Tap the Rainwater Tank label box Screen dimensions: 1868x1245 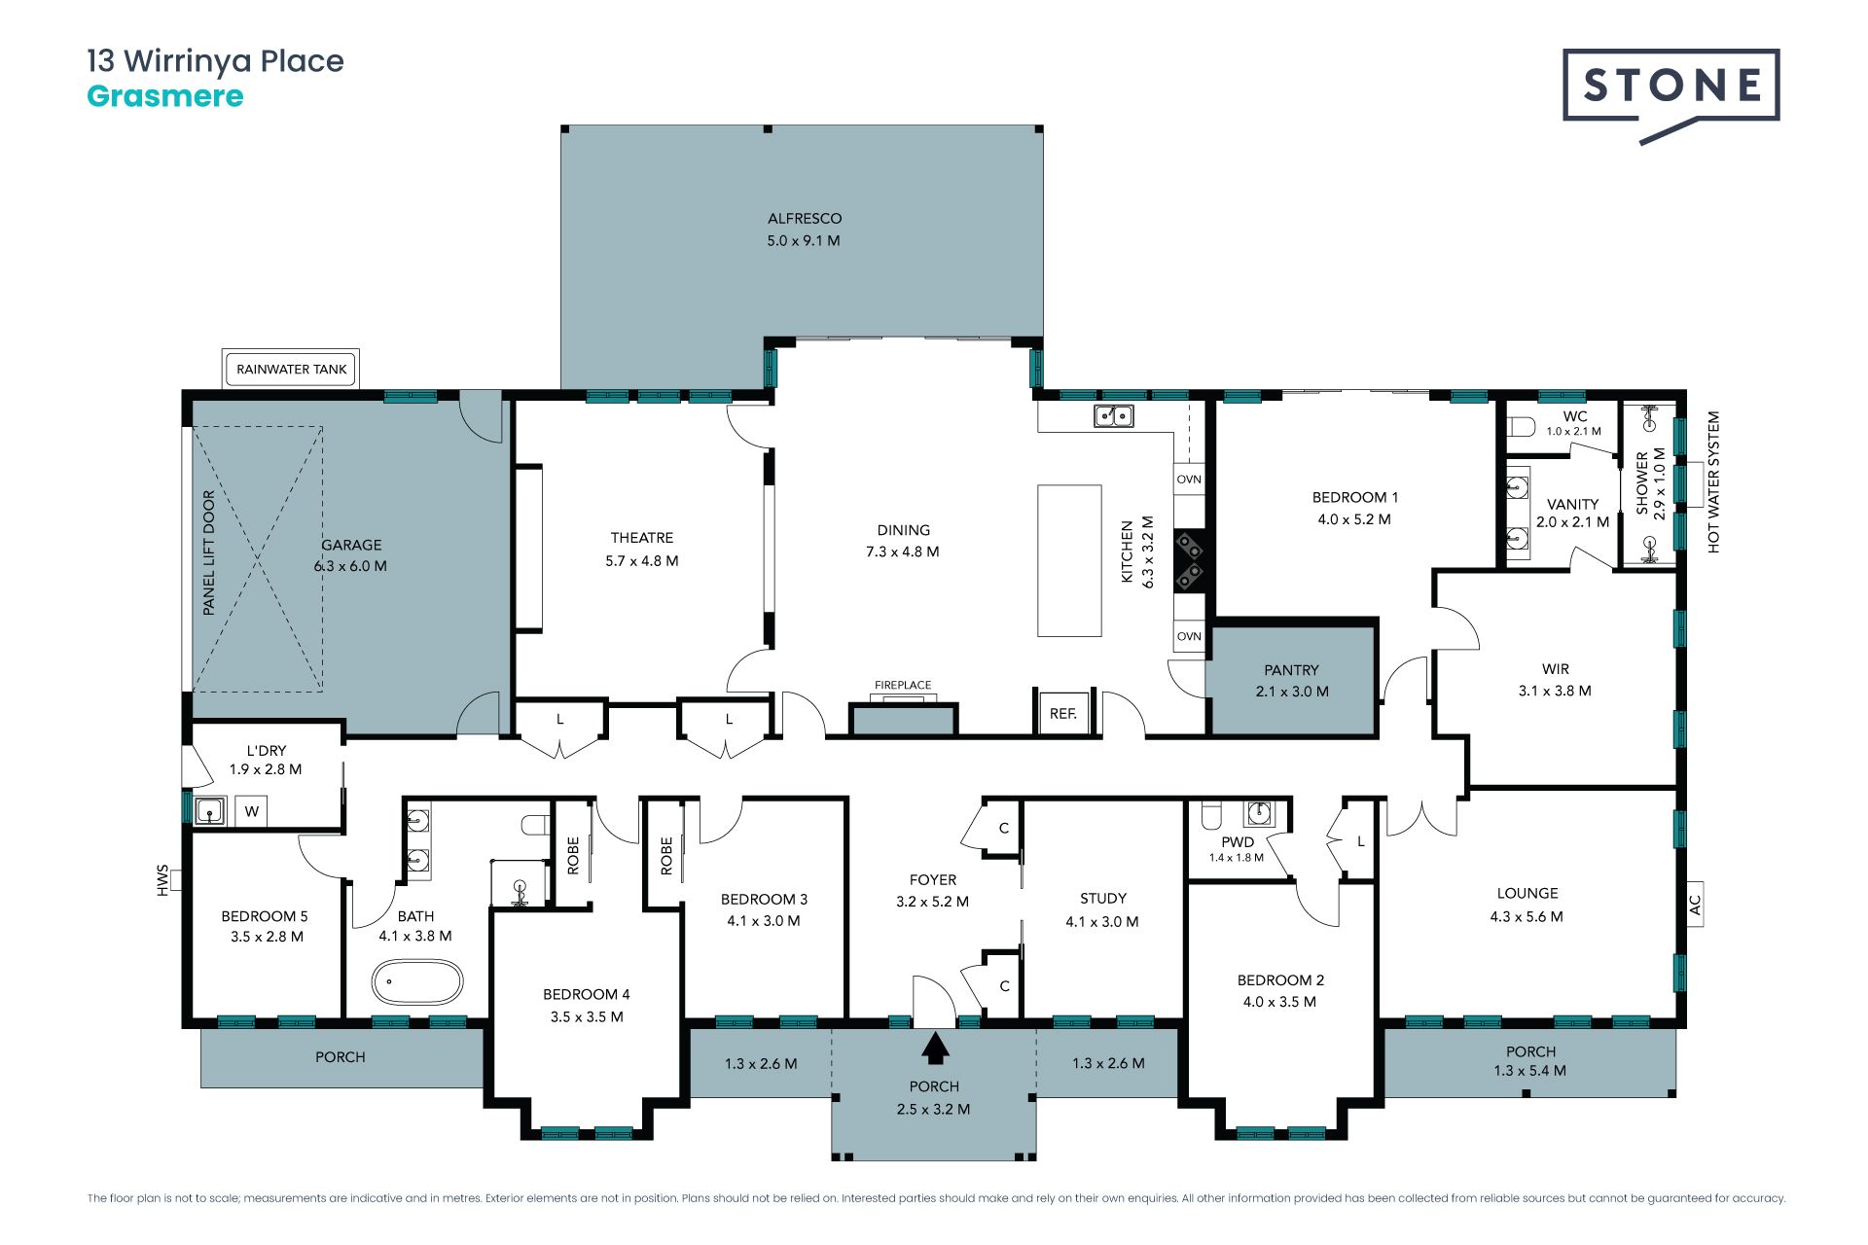(x=291, y=370)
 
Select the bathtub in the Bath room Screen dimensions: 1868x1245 (x=417, y=982)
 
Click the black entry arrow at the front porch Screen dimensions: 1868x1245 (x=935, y=1049)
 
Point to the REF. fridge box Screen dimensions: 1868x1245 (x=1063, y=713)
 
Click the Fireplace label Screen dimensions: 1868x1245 (x=903, y=685)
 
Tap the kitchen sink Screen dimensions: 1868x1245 (x=1114, y=416)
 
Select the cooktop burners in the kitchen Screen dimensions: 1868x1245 (x=1189, y=560)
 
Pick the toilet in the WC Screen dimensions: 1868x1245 (x=1521, y=426)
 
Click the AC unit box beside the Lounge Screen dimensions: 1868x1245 (x=1694, y=905)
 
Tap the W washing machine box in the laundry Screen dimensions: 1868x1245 (x=251, y=811)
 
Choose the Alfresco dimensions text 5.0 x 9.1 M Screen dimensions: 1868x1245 (x=804, y=240)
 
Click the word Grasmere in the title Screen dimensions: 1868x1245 (x=165, y=96)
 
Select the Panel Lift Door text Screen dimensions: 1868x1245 (x=208, y=552)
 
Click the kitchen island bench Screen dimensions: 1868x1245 (x=1069, y=560)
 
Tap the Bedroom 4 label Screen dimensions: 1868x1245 (x=587, y=994)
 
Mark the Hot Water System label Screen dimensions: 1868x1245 (x=1713, y=482)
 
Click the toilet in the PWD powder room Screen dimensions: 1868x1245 (x=1211, y=813)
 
